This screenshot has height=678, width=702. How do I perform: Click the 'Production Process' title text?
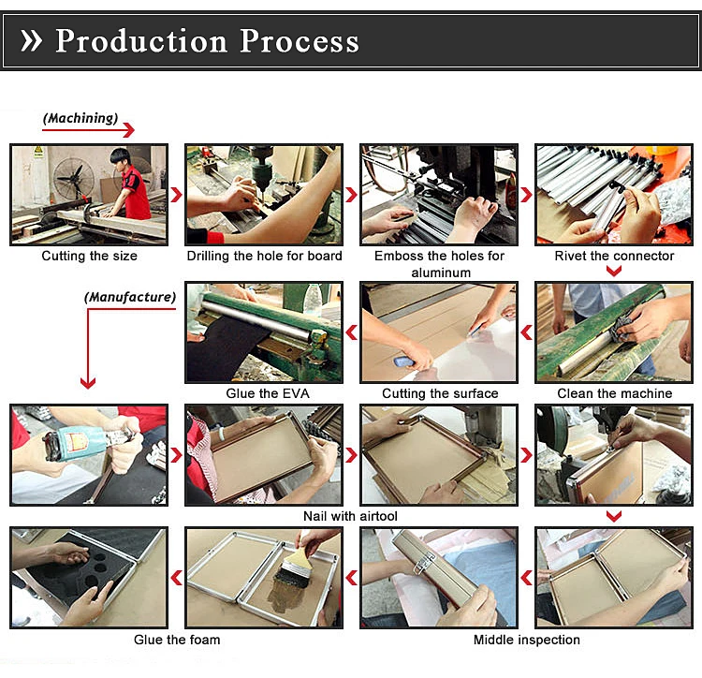[207, 41]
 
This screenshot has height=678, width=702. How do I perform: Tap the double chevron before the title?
[31, 41]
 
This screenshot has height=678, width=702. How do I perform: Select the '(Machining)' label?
[80, 118]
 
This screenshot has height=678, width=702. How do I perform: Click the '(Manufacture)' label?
[130, 297]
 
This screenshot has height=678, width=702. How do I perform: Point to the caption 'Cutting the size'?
[89, 256]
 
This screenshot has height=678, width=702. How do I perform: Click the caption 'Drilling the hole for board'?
[264, 256]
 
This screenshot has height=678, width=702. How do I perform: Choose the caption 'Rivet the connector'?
[614, 256]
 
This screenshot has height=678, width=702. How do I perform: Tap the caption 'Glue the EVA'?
[268, 393]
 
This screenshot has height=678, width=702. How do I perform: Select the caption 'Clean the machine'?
[615, 393]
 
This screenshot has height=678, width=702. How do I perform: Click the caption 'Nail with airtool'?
[351, 516]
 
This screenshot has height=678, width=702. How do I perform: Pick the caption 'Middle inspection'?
[526, 640]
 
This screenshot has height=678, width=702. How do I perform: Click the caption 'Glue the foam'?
[177, 640]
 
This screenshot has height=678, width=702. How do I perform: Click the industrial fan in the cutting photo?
[73, 178]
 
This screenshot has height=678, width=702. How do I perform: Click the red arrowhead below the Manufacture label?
[88, 382]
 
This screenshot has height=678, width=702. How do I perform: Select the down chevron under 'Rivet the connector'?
[614, 271]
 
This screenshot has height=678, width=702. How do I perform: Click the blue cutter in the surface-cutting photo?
[404, 361]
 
